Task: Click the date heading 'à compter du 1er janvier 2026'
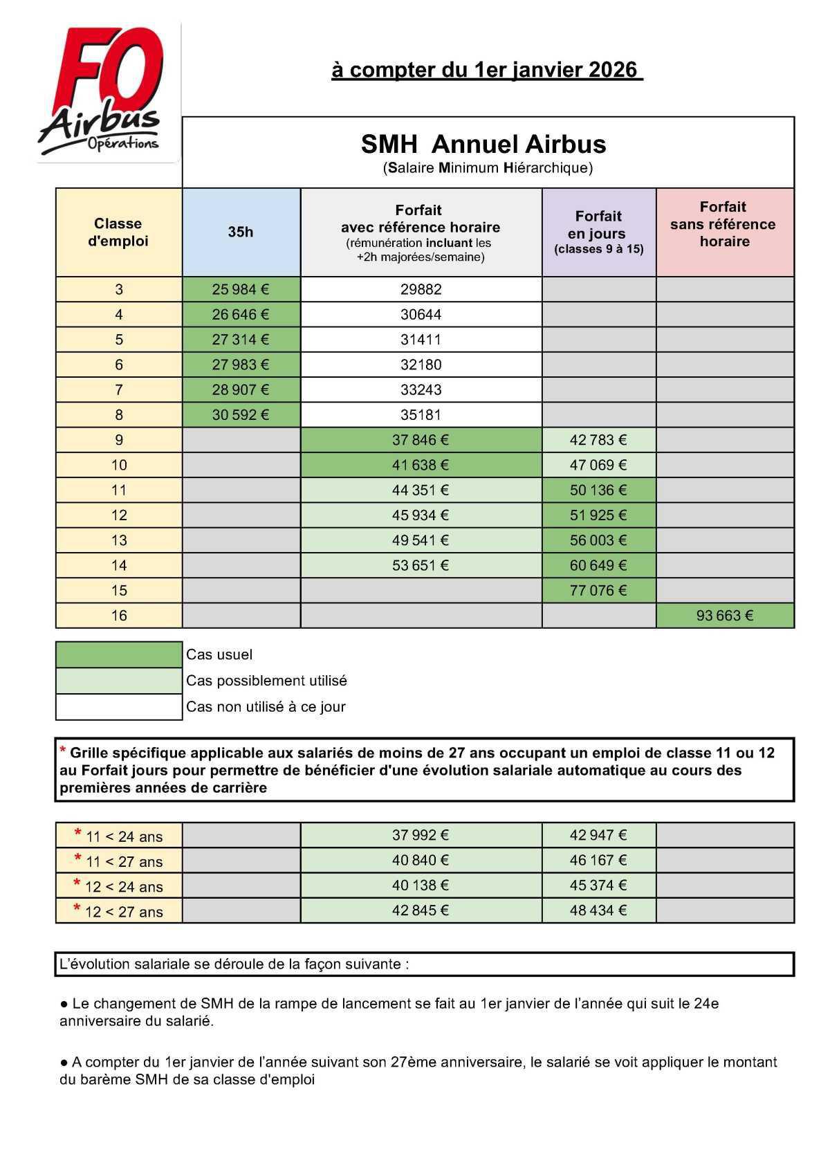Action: (486, 70)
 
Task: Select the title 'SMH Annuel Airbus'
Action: (483, 145)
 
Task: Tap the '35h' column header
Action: (241, 232)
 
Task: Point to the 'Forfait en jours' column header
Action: (598, 232)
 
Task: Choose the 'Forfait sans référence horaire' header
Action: (723, 224)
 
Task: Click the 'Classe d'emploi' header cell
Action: (118, 232)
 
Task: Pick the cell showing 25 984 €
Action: (241, 289)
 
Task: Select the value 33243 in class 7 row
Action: (421, 389)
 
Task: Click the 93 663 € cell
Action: (724, 615)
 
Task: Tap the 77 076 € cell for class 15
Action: (598, 590)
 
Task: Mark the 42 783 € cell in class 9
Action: (598, 440)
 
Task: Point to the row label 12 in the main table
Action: (119, 515)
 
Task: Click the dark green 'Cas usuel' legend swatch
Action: (119, 654)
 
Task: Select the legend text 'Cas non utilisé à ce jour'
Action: (266, 707)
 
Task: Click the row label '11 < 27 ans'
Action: (119, 861)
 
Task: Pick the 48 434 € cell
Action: (598, 910)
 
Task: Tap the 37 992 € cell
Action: (421, 835)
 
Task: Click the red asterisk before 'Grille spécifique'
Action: (63, 751)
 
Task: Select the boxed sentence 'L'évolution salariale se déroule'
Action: (235, 964)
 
